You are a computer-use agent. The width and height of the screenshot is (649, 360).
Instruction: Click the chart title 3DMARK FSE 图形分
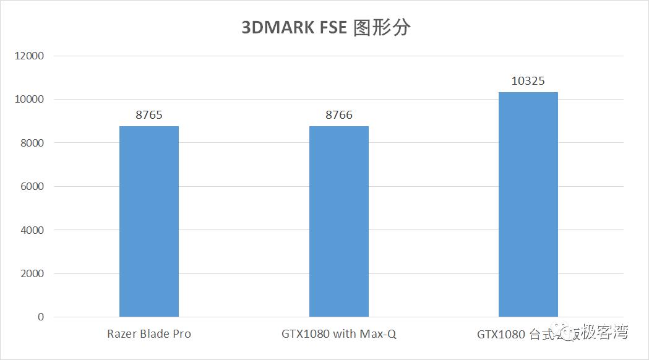point(325,28)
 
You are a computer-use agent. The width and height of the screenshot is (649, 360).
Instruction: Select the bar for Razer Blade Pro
point(149,221)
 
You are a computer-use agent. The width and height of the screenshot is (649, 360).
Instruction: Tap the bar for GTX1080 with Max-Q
point(339,221)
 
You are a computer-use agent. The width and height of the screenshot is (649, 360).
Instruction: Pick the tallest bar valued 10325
point(528,204)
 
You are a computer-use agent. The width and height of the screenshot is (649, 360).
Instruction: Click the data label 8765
point(149,115)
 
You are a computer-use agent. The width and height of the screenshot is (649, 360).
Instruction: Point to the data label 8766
point(339,115)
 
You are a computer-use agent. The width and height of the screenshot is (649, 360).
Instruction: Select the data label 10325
point(528,81)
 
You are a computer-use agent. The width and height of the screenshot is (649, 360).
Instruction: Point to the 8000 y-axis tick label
point(32,143)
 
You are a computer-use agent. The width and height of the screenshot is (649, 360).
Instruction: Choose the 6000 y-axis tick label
point(32,186)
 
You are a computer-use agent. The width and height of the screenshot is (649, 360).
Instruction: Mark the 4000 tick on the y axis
point(32,230)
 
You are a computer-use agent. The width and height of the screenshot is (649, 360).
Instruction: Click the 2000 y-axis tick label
point(32,273)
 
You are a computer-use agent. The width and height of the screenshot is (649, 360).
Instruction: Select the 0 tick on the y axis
point(41,317)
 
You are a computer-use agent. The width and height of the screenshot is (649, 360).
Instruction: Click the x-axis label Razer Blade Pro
point(149,334)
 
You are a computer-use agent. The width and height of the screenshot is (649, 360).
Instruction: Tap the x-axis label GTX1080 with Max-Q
point(339,334)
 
